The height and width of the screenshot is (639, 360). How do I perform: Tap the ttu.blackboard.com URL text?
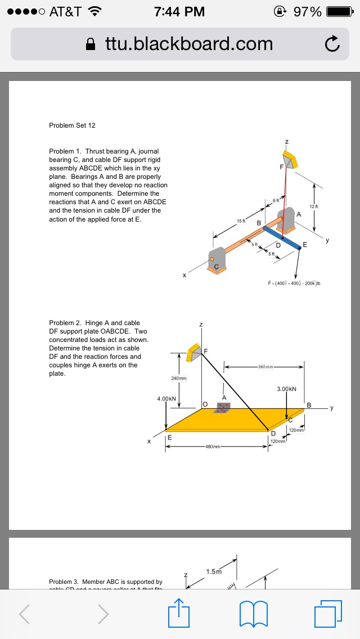(188, 44)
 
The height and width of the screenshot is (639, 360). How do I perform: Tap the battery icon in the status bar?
(339, 11)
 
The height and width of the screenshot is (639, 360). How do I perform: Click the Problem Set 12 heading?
(72, 125)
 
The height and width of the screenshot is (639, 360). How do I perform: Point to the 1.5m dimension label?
(214, 571)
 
